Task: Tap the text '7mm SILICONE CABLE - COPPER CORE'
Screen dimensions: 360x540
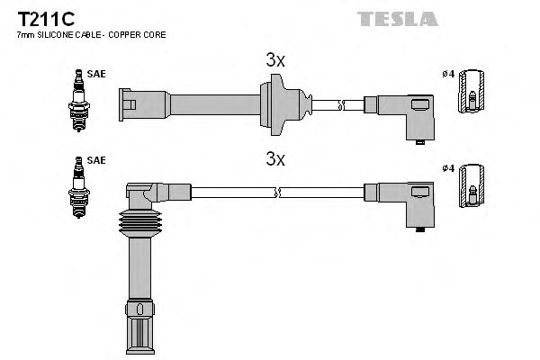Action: tap(91, 34)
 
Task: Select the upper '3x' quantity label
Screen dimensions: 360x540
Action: tap(275, 60)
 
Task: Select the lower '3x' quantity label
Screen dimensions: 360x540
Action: tap(275, 159)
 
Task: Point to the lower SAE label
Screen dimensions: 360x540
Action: tap(96, 160)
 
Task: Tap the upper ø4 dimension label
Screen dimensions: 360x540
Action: tap(447, 74)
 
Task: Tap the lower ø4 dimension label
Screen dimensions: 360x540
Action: tap(447, 167)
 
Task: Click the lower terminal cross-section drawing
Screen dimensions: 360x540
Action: tap(471, 186)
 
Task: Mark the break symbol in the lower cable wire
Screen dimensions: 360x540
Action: tap(279, 192)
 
